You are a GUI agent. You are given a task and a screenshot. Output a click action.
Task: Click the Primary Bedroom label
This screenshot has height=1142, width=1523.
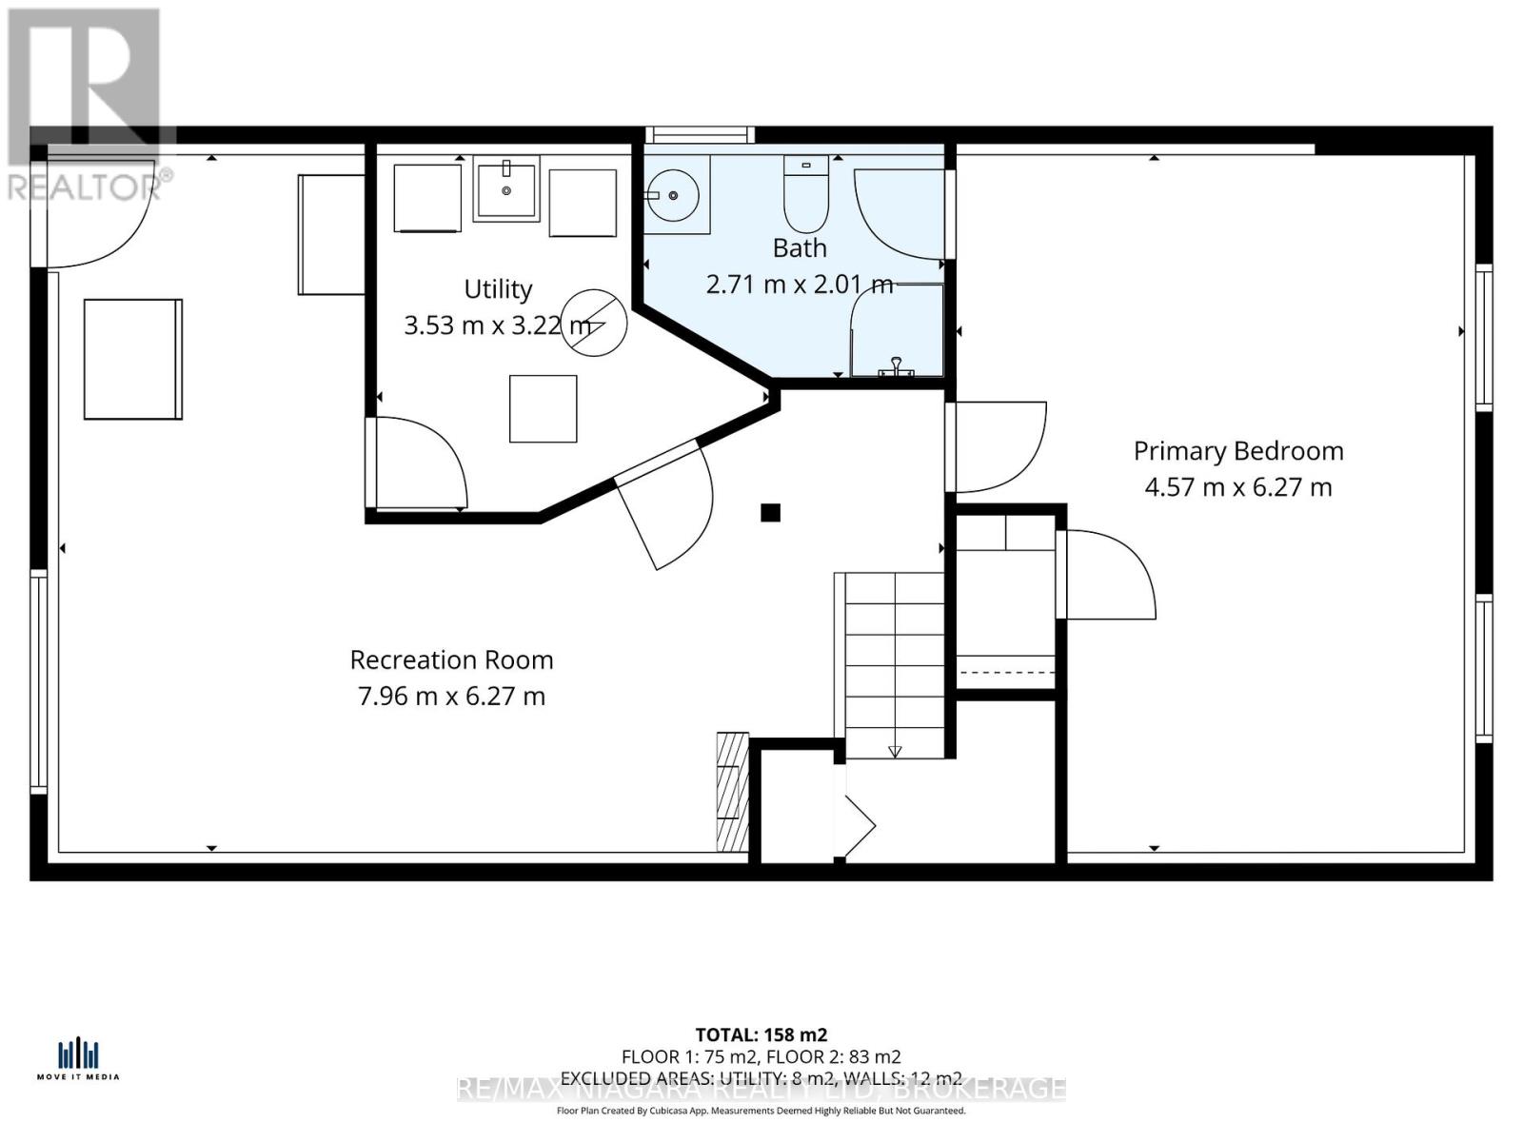[1237, 451]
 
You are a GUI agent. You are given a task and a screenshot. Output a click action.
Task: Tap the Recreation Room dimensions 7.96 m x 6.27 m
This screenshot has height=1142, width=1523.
[451, 697]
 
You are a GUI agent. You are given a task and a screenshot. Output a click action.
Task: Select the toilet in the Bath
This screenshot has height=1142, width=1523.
[805, 195]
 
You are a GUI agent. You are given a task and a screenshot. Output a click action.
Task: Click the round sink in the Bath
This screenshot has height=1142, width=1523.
[673, 195]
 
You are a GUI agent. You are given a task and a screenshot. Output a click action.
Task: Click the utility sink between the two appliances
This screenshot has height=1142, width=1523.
[506, 187]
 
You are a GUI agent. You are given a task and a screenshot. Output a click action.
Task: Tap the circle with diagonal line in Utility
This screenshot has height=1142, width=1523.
[594, 323]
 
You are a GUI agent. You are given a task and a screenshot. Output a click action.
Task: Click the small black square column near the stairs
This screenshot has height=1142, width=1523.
[770, 513]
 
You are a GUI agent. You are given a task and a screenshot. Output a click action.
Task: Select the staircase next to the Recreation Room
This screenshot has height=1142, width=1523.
[893, 664]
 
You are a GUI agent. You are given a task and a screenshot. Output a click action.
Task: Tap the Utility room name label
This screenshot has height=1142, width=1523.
[498, 289]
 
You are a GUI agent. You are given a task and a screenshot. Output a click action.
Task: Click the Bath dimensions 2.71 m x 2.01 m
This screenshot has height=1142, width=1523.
[800, 284]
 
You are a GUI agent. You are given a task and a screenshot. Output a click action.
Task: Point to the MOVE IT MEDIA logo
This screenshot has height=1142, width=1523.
[78, 1059]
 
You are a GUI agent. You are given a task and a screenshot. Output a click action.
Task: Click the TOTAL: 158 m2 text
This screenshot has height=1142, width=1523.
[761, 1034]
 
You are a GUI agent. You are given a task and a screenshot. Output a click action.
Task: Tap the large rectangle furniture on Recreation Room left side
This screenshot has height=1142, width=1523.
[132, 359]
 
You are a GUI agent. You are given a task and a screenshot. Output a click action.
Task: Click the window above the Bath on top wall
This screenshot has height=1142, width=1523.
[700, 135]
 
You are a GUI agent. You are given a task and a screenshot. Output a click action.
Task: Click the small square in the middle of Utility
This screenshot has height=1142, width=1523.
[543, 409]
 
